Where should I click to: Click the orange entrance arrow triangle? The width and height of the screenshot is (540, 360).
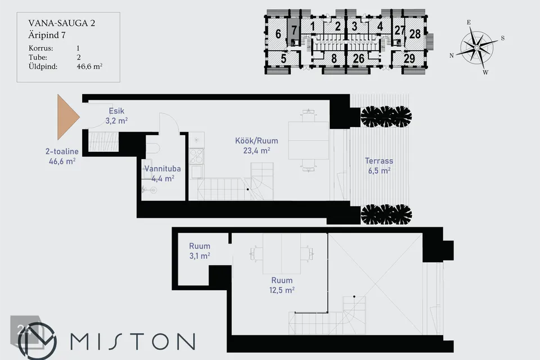click(66, 117)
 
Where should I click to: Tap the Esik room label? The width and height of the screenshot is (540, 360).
click(116, 116)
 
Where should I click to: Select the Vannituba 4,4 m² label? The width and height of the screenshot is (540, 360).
click(163, 174)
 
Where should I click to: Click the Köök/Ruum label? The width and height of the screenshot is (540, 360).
click(256, 145)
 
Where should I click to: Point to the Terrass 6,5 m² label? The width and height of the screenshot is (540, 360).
click(379, 166)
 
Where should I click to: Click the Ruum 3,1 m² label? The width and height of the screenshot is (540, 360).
click(200, 251)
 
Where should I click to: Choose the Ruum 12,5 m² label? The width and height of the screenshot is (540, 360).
click(282, 285)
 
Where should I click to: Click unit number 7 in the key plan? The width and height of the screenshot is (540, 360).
click(294, 30)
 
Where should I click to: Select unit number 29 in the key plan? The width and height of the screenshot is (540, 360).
click(409, 58)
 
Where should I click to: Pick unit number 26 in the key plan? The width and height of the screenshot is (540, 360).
click(358, 58)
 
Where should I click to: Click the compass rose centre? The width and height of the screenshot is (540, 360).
click(476, 48)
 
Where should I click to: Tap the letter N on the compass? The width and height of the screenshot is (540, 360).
click(452, 56)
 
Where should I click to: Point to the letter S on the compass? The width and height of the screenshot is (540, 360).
click(503, 38)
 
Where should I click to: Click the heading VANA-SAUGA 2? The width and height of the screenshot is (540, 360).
click(62, 23)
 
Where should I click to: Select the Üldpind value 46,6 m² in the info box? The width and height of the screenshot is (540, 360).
click(89, 66)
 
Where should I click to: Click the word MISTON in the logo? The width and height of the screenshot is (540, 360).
click(133, 341)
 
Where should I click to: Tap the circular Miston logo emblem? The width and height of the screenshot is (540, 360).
click(37, 341)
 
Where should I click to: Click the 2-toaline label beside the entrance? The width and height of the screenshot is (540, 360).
click(62, 151)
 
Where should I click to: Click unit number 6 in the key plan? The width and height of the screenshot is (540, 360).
click(278, 34)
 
